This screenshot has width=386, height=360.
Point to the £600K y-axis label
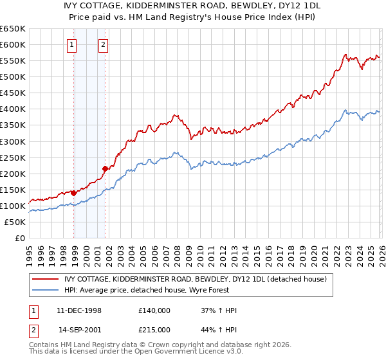tap(13, 44)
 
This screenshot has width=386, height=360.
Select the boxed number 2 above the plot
tap(103, 45)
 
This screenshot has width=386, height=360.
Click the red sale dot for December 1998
tap(74, 192)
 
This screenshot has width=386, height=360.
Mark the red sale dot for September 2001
tap(105, 168)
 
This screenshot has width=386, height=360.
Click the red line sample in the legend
tap(46, 279)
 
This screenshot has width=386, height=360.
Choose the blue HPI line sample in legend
tap(46, 290)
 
